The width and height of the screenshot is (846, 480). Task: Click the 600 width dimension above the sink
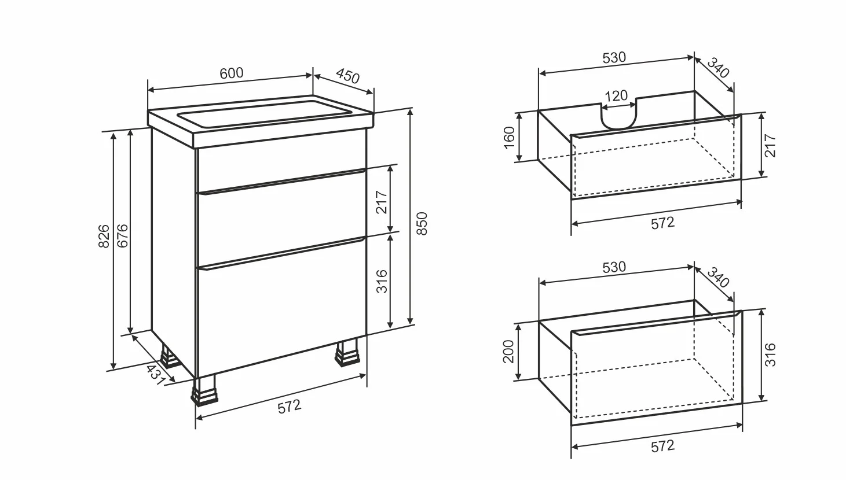coord(232,73)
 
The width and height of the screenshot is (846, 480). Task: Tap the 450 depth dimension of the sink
coord(347,76)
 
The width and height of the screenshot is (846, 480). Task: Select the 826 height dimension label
coord(104,236)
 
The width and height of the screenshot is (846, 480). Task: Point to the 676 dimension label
coord(122,236)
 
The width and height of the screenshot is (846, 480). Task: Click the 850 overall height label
coord(422,224)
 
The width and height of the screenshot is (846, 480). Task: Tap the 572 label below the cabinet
coord(290,406)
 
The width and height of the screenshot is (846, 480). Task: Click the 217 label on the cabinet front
coord(382,202)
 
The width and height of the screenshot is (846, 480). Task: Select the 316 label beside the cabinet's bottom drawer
coord(382,281)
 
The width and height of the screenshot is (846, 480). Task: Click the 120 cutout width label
coord(616,96)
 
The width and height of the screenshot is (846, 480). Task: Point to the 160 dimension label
coord(510,138)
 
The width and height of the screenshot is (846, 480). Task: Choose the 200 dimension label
coord(509,352)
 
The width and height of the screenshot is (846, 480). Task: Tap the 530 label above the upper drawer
coord(614,57)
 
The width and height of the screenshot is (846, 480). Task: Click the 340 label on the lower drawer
coord(717,278)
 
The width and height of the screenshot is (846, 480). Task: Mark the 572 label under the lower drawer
coord(663,446)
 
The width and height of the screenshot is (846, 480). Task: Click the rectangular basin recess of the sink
coord(265,113)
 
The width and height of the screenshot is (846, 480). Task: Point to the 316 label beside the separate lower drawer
coord(770,355)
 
